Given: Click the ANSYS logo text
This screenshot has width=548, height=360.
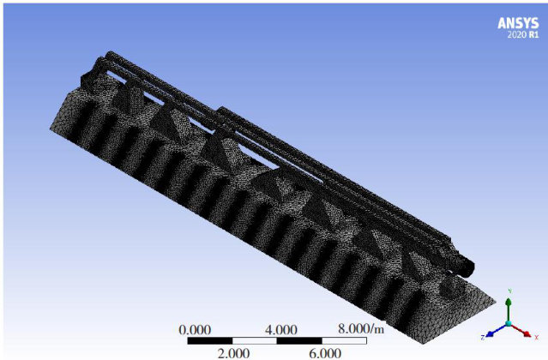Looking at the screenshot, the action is [518, 23].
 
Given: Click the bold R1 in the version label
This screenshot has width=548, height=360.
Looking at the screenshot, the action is [533, 34].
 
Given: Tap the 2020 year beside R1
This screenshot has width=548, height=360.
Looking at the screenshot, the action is [517, 34].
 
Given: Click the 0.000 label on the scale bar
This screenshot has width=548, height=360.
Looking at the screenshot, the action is [195, 330].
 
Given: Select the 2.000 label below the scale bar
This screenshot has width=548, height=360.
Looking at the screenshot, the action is [233, 353].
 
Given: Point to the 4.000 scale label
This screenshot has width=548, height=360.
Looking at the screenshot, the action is [281, 330].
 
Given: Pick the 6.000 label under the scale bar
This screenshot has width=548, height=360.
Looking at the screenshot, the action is [325, 353].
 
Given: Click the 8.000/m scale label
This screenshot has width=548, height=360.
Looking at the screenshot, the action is [361, 329].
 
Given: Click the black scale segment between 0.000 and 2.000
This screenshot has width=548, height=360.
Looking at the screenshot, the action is [210, 341].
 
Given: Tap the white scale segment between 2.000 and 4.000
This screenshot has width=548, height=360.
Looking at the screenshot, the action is [255, 341].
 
